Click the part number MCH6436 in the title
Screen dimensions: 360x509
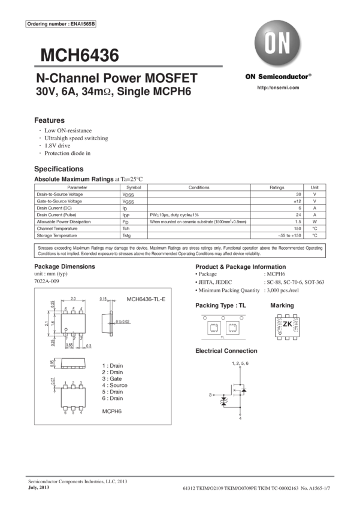[x=80, y=56]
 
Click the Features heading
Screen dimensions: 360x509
[x=49, y=120]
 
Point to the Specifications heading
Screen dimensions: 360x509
[x=58, y=169]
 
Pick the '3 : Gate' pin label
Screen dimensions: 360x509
[x=112, y=378]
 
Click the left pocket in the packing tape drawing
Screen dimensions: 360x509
[x=212, y=326]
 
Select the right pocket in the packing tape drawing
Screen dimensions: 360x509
[x=231, y=326]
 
